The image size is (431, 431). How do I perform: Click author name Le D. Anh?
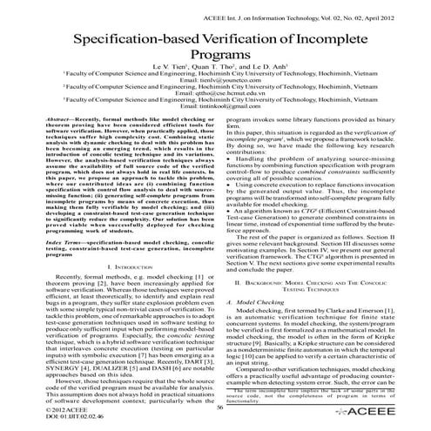click(x=259, y=74)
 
